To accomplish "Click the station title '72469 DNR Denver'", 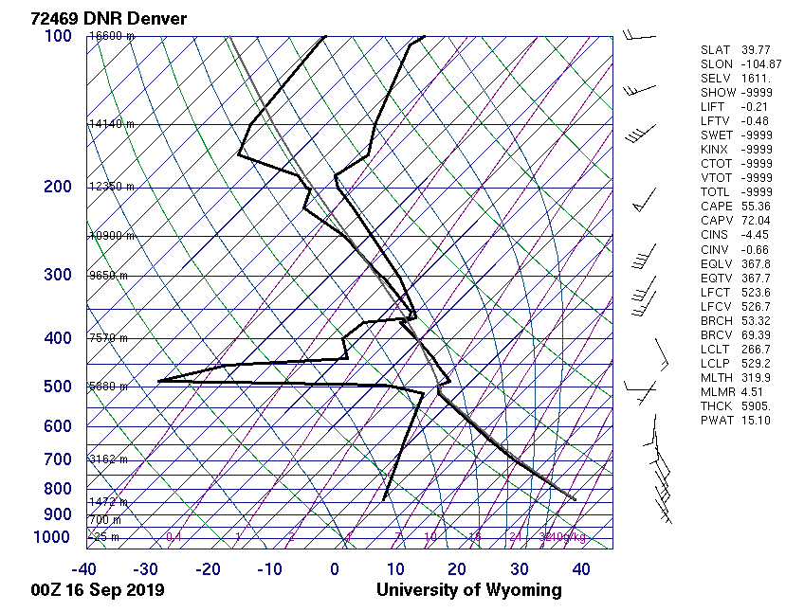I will tap(109, 18).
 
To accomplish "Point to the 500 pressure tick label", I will tap(58, 387).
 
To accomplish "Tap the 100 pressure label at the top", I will tap(58, 36).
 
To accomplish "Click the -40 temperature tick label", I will tap(84, 569).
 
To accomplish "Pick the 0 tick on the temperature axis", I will tap(335, 569).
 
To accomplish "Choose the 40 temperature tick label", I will tap(581, 569).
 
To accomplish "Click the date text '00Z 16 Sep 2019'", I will tap(98, 590).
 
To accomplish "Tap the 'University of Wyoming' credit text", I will tap(468, 590).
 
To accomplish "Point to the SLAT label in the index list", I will tap(715, 50).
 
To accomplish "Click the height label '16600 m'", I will tap(112, 36).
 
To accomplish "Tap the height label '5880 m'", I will tap(108, 387).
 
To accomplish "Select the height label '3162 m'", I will tap(108, 459).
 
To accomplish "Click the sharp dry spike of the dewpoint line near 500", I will tap(159, 381).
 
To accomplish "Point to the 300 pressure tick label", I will tap(58, 276).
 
